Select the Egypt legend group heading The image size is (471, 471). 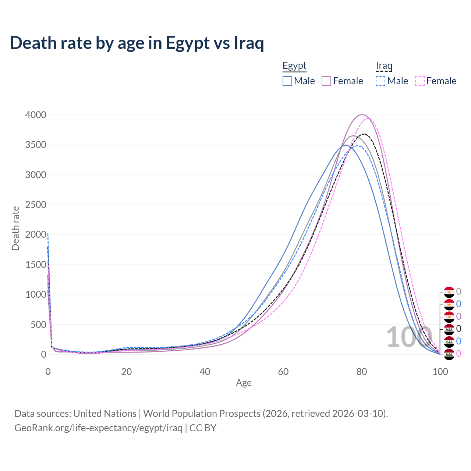pos(294,66)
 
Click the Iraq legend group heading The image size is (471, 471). pos(384,66)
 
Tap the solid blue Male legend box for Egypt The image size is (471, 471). pos(287,81)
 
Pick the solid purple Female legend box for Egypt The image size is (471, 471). pos(326,81)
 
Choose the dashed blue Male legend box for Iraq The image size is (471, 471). pos(380,81)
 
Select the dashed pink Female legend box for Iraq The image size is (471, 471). pos(419,81)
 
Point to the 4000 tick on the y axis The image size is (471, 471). pos(36,115)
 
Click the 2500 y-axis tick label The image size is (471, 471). pos(36,205)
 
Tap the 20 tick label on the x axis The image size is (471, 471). pos(126,372)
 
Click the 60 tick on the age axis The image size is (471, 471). pos(283,372)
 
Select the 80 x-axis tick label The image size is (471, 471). pos(362,372)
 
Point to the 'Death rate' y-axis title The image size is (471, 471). pos(15,228)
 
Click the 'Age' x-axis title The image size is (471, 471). pos(244,383)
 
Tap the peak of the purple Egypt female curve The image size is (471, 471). pos(362,114)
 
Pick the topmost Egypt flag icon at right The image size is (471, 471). pos(449,292)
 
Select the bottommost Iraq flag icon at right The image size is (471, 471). pos(449,354)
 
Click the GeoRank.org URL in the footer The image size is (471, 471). pos(98,428)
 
